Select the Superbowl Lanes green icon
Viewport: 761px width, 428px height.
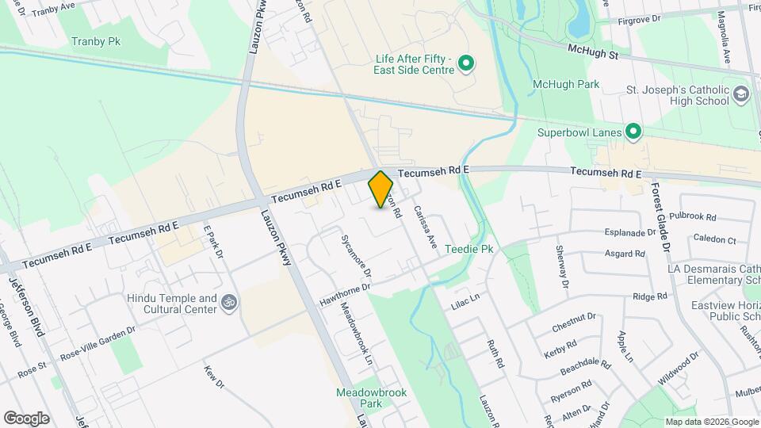633,132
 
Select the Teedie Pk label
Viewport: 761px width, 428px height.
469,249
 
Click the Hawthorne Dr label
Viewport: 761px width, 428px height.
345,296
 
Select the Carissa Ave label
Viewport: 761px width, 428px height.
425,227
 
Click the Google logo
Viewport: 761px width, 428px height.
26,418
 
